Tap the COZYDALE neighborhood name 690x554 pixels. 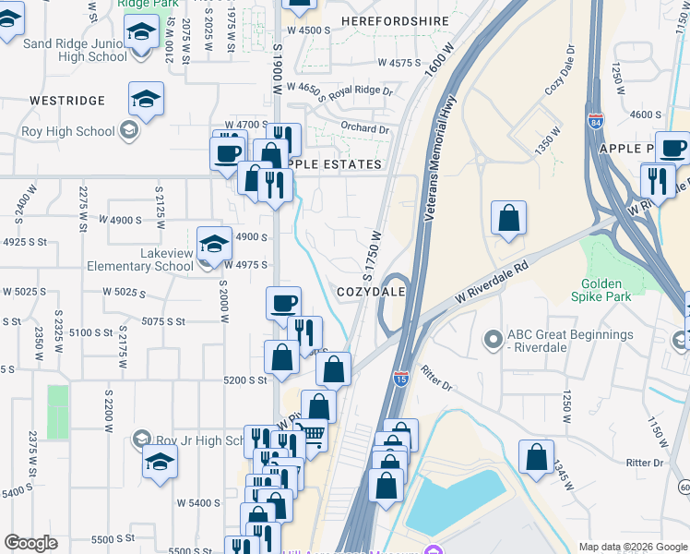pos(372,291)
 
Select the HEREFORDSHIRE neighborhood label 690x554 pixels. pos(395,20)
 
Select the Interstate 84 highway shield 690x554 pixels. pos(595,119)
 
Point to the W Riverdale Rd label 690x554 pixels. pos(496,283)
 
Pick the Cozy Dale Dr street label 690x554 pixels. pos(560,70)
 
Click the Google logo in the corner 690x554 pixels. pos(30,543)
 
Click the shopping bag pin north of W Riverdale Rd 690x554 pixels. pos(508,220)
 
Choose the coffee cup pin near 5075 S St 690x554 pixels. pos(284,302)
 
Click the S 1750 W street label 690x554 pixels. pos(371,257)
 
